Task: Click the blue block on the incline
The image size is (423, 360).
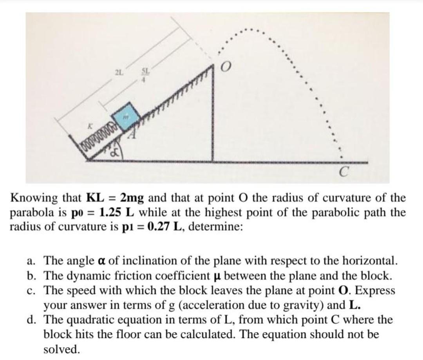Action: pyautogui.click(x=126, y=116)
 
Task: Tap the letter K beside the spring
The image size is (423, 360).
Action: pyautogui.click(x=90, y=127)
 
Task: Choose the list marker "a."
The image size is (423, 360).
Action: pyautogui.click(x=33, y=261)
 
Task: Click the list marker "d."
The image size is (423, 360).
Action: pyautogui.click(x=33, y=320)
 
